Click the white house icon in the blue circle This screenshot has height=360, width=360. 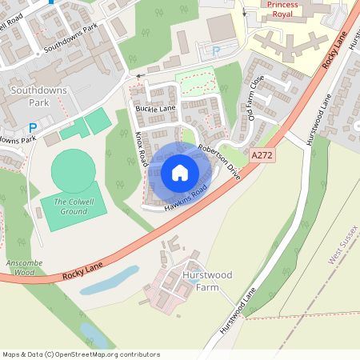tap(180, 172)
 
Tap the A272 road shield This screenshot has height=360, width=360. tap(262, 156)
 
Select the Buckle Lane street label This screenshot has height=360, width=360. tap(155, 108)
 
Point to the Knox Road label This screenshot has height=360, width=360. tap(141, 150)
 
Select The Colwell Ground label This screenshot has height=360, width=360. tap(70, 206)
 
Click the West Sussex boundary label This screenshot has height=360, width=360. tap(342, 245)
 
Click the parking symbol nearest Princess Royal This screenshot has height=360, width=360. tap(215, 50)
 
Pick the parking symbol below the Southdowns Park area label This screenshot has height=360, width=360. tap(33, 128)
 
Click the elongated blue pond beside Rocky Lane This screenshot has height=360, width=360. tap(110, 281)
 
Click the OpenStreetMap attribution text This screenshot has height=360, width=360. tap(81, 354)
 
